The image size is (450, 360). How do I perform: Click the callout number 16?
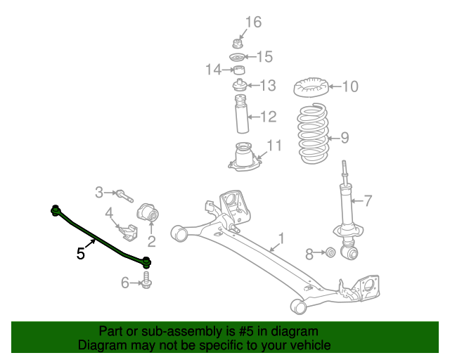252,22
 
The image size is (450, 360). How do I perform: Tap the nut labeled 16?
238,41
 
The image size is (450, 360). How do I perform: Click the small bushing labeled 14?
239,70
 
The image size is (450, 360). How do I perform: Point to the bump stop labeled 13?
240,86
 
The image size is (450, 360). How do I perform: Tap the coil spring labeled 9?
311,134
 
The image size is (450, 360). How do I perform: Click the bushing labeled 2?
149,212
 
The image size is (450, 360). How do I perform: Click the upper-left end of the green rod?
55,209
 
